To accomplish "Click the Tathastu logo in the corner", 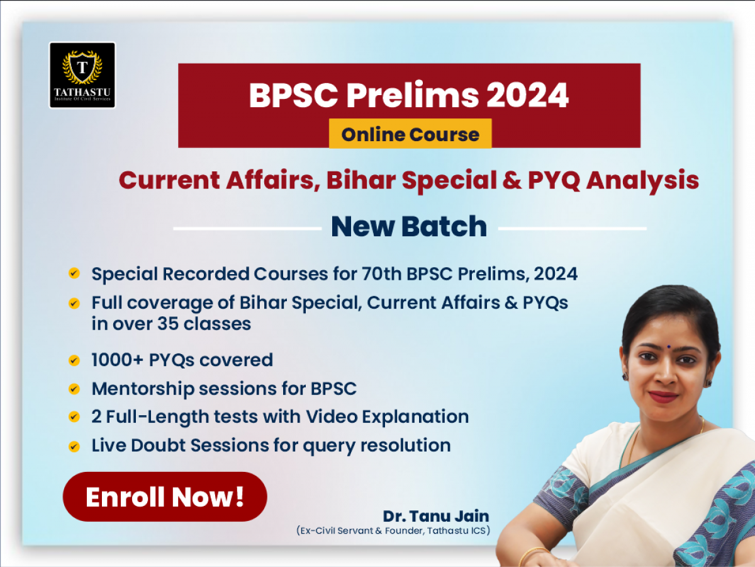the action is (x=82, y=75).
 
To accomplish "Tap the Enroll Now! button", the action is (x=165, y=496).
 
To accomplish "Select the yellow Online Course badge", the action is (x=410, y=134).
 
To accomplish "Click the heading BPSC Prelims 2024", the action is (x=408, y=95).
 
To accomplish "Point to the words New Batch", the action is (x=409, y=227).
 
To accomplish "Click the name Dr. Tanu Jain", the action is (x=436, y=516).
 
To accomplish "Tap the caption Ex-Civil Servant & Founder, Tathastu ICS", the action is (x=393, y=530).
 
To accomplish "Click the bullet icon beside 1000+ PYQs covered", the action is (x=74, y=360).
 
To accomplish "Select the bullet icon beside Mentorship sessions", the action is (x=74, y=389).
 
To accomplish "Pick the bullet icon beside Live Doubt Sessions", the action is (x=74, y=447).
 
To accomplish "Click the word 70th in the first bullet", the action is (x=381, y=274).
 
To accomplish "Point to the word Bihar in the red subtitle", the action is (x=361, y=180).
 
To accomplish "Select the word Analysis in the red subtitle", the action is (x=642, y=181).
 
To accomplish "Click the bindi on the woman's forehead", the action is (x=668, y=346).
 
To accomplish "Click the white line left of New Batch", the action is (x=247, y=228).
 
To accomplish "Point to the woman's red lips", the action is (x=663, y=396).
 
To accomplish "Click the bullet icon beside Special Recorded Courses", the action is (x=74, y=273).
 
